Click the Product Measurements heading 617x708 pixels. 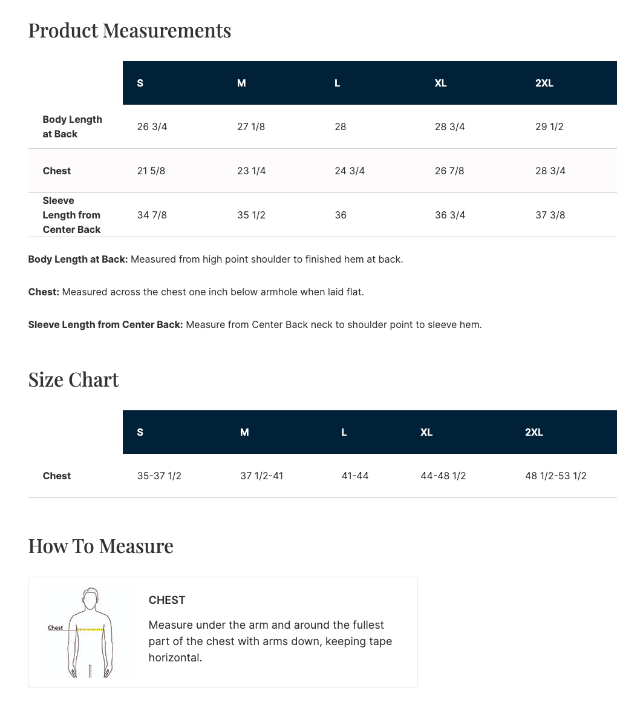pyautogui.click(x=129, y=30)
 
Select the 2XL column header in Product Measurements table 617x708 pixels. pyautogui.click(x=544, y=83)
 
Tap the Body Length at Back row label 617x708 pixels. pyautogui.click(x=72, y=126)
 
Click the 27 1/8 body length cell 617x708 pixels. pyautogui.click(x=251, y=126)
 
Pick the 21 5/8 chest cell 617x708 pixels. pyautogui.click(x=151, y=171)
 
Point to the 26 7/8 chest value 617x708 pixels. pyautogui.click(x=449, y=171)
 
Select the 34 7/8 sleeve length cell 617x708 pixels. pyautogui.click(x=152, y=215)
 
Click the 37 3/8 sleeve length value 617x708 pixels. pyautogui.click(x=550, y=215)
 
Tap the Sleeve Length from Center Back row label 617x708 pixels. pyautogui.click(x=71, y=215)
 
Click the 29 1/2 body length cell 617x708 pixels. pyautogui.click(x=549, y=126)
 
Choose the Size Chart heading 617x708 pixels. pyautogui.click(x=73, y=379)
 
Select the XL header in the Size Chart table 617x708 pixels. pyautogui.click(x=426, y=432)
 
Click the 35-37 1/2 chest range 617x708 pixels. pyautogui.click(x=159, y=476)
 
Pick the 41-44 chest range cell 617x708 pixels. pyautogui.click(x=355, y=476)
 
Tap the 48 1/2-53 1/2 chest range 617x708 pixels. pyautogui.click(x=555, y=476)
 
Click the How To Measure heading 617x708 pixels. pyautogui.click(x=100, y=546)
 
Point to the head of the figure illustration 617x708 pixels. pyautogui.click(x=91, y=599)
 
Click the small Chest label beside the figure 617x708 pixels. pyautogui.click(x=56, y=628)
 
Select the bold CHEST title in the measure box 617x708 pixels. pyautogui.click(x=167, y=600)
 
